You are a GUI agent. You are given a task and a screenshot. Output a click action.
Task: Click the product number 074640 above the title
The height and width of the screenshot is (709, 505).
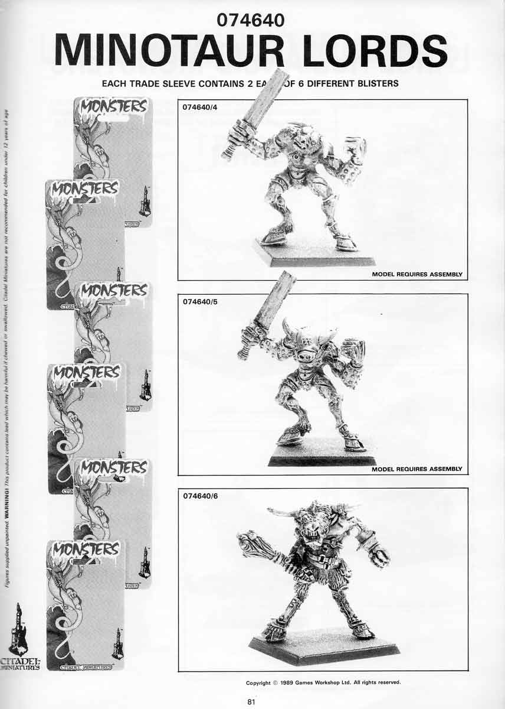(x=251, y=20)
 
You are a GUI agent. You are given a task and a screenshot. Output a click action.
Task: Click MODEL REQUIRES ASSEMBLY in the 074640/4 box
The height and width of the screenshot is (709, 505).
(x=417, y=275)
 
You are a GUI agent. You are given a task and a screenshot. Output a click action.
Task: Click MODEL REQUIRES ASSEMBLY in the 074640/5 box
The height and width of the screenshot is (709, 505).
(x=417, y=469)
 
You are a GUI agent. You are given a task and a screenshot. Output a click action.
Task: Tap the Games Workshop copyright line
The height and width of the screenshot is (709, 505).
(x=323, y=682)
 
